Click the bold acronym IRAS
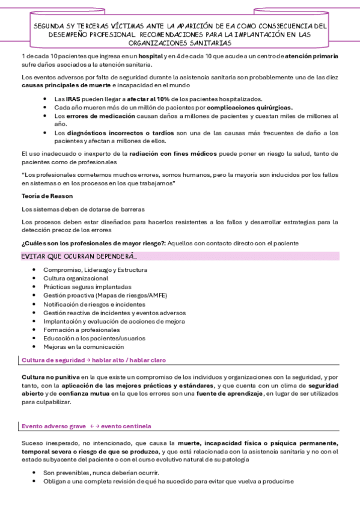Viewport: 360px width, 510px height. tap(73, 99)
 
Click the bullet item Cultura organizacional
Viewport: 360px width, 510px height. tap(76, 278)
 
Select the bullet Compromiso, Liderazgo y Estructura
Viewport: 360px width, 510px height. tap(95, 270)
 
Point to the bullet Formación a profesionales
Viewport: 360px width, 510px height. tap(81, 330)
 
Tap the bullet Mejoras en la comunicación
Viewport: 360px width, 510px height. tap(84, 346)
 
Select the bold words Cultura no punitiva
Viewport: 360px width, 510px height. tap(48, 376)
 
